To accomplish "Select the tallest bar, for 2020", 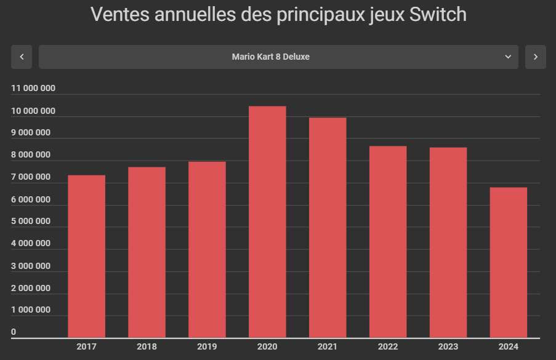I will pos(267,222).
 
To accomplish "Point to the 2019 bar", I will pos(207,249).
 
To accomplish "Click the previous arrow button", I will pos(22,57).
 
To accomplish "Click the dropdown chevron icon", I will pos(508,57).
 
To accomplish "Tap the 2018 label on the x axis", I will pos(147,346).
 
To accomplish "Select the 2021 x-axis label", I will pos(328,346).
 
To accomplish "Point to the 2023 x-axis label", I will pos(448,346).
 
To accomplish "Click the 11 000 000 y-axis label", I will pos(33,88).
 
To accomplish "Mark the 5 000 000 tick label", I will pos(31,222).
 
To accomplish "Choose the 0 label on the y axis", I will pos(14,332).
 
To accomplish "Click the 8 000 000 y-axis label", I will pos(31,155).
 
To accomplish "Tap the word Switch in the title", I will pos(439,15).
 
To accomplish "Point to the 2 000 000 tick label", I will pos(31,288).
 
